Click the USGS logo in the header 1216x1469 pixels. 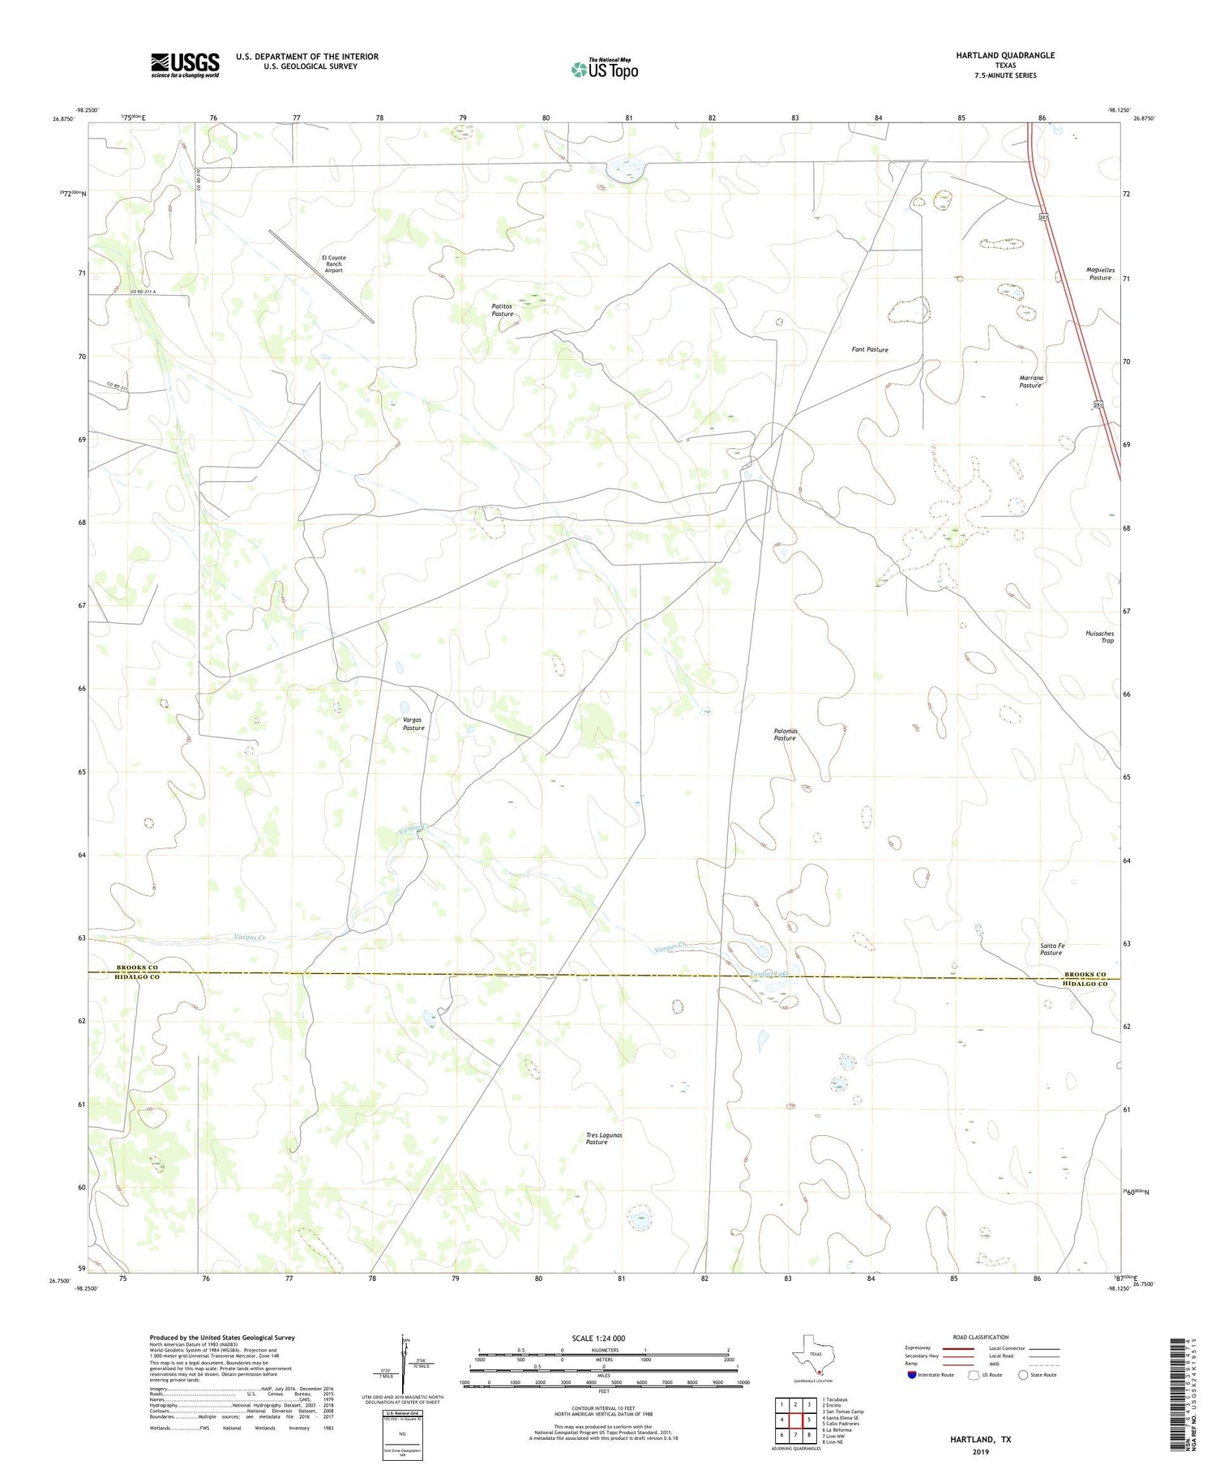point(185,65)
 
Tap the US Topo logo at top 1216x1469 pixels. point(604,69)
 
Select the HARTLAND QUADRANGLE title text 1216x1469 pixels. point(1004,55)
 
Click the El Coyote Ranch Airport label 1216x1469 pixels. point(334,264)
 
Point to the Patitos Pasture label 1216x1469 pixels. point(502,310)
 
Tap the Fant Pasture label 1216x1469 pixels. point(870,349)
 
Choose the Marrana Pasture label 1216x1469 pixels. point(1030,382)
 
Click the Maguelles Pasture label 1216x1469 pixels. point(1100,274)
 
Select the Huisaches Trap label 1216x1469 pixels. point(1099,637)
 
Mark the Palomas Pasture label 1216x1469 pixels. point(785,735)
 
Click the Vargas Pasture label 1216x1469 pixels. point(413,724)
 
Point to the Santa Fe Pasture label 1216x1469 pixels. point(1051,949)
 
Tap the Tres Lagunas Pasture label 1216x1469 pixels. point(604,1138)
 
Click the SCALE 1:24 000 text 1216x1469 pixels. point(598,1338)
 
